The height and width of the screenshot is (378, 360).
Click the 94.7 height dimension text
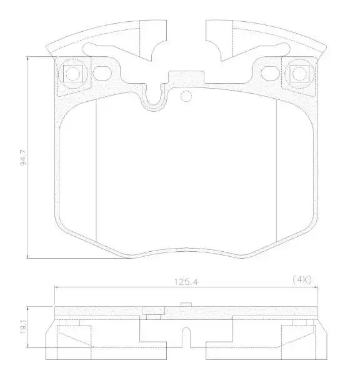24,157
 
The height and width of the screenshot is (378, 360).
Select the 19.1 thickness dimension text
24,326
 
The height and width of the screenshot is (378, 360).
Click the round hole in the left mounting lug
73,74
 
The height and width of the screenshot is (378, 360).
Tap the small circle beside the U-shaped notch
185,97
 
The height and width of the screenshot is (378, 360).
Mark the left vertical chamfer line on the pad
96,169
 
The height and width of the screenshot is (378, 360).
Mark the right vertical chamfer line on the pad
276,169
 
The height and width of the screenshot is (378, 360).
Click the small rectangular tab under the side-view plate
152,312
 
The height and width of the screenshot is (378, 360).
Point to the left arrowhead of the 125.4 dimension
57,287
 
